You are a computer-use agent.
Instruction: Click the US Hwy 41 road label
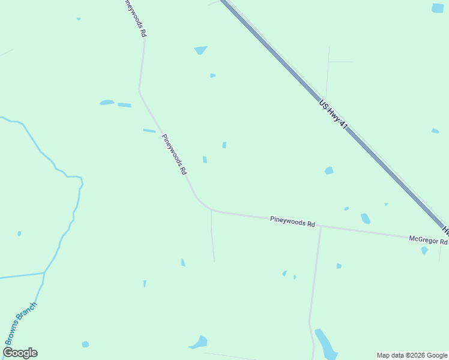pos(334,115)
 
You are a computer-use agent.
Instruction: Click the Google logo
pos(20,353)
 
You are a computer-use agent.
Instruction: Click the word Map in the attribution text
pos(384,355)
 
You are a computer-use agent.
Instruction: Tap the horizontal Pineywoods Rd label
pos(292,222)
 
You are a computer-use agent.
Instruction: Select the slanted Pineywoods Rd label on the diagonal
pos(174,154)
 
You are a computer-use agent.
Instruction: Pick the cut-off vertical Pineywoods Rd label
pos(134,18)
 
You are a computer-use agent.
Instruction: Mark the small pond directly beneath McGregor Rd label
pos(424,250)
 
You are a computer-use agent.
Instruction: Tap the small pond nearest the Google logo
pos(85,344)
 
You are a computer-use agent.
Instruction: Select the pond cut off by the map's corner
pos(438,8)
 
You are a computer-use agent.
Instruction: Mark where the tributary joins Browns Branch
pos(44,273)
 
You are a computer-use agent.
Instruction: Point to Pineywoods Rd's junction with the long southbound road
pos(321,227)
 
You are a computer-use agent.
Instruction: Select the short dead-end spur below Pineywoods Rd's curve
pos(212,237)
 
